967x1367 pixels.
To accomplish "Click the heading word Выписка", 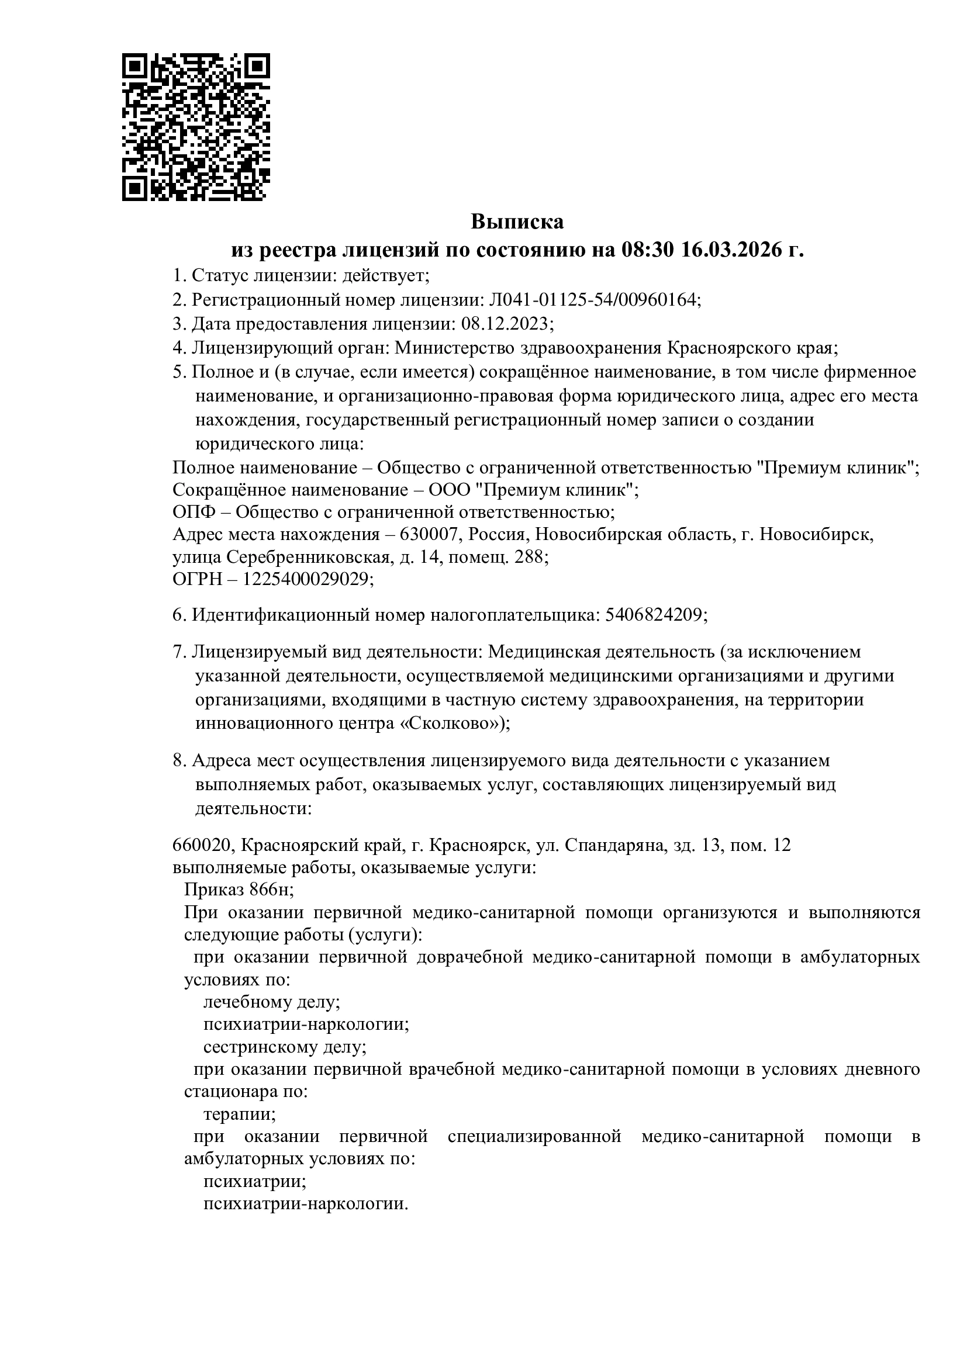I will (517, 222).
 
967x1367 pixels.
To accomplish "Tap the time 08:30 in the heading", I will (647, 250).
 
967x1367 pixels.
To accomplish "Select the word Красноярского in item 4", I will (729, 348).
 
